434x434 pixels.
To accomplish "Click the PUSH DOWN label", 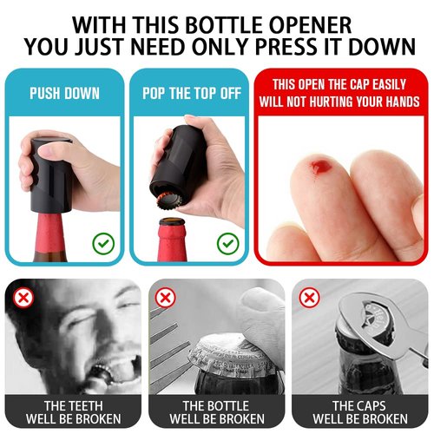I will (65, 93).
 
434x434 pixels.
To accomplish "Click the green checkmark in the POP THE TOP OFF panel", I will (227, 242).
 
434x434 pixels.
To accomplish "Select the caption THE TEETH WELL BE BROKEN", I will (73, 412).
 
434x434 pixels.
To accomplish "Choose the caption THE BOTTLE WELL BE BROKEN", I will (217, 412).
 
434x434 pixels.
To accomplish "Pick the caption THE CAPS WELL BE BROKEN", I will (359, 412).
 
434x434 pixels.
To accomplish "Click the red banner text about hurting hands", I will (341, 93).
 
